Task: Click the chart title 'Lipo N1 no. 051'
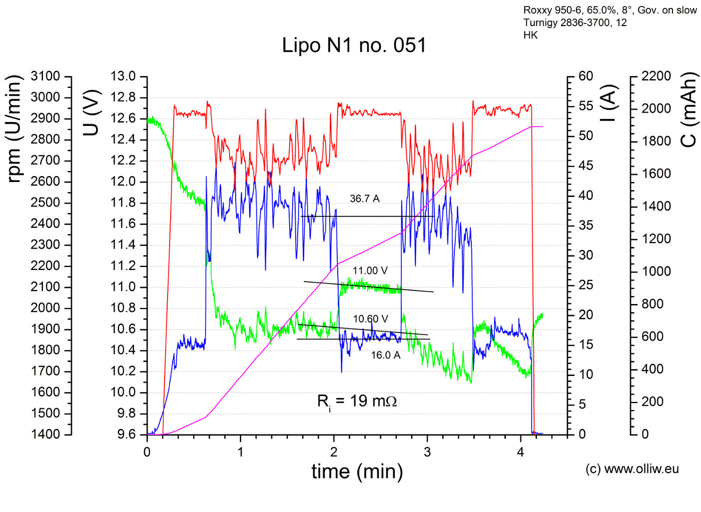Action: coord(354,45)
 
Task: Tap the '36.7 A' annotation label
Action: coord(364,199)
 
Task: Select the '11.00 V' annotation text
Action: coord(370,271)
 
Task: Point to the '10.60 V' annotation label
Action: coord(370,319)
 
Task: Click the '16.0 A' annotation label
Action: coord(385,355)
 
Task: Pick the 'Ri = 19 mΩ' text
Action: coord(357,401)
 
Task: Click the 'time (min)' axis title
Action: coord(357,471)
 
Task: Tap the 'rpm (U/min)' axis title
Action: coord(15,129)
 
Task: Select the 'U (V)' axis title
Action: coord(92,113)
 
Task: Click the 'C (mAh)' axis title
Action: coord(689,110)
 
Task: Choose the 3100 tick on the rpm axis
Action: coord(45,76)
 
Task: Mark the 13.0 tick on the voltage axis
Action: coord(123,76)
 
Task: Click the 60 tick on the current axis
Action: coord(585,76)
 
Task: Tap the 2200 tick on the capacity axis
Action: coord(656,76)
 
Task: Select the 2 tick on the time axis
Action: coord(334,452)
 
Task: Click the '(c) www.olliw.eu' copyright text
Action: coord(632,469)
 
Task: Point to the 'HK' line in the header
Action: coord(530,35)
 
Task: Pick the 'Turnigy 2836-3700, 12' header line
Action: coord(575,22)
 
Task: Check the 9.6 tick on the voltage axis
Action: coord(123,434)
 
